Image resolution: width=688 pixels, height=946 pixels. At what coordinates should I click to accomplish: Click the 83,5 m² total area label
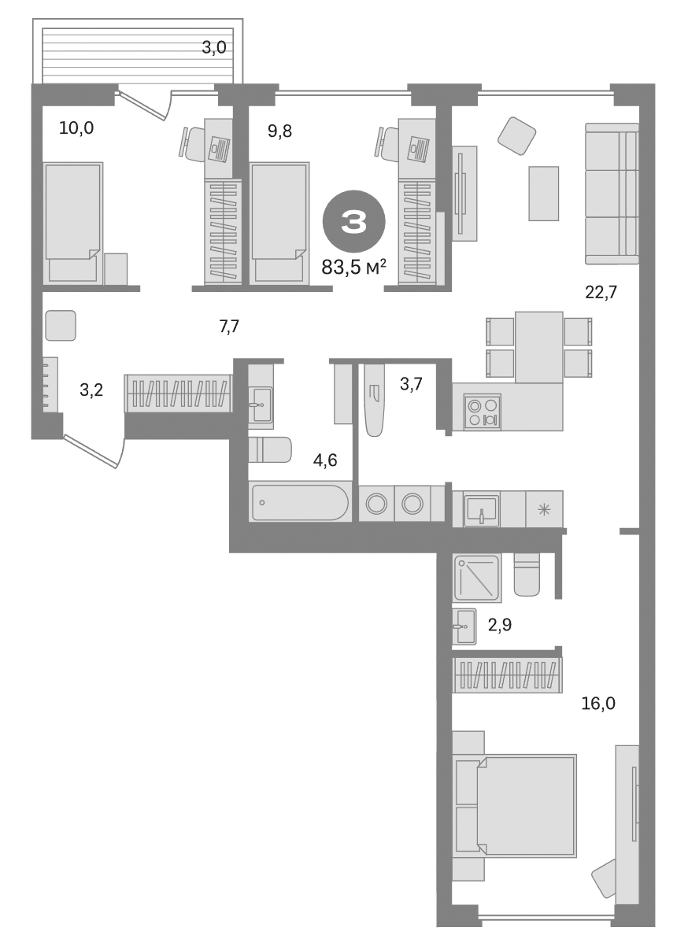(353, 268)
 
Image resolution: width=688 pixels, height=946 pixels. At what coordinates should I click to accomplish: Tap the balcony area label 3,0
(213, 47)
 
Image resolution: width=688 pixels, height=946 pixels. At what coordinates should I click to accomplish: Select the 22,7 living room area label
(600, 293)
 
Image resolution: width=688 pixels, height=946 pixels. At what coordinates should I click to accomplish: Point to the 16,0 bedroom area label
(598, 703)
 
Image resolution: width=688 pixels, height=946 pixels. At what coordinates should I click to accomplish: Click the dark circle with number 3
(353, 221)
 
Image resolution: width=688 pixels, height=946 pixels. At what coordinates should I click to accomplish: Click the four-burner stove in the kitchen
(483, 412)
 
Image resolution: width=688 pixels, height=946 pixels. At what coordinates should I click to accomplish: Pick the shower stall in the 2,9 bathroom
(477, 578)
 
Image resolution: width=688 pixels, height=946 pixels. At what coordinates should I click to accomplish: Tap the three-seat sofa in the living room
(611, 194)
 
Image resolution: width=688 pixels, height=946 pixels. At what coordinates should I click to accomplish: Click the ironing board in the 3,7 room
(375, 398)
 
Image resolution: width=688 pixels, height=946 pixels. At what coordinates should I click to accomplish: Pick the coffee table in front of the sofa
(543, 193)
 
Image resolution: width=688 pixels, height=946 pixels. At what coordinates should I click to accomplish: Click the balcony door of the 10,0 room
(144, 105)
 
